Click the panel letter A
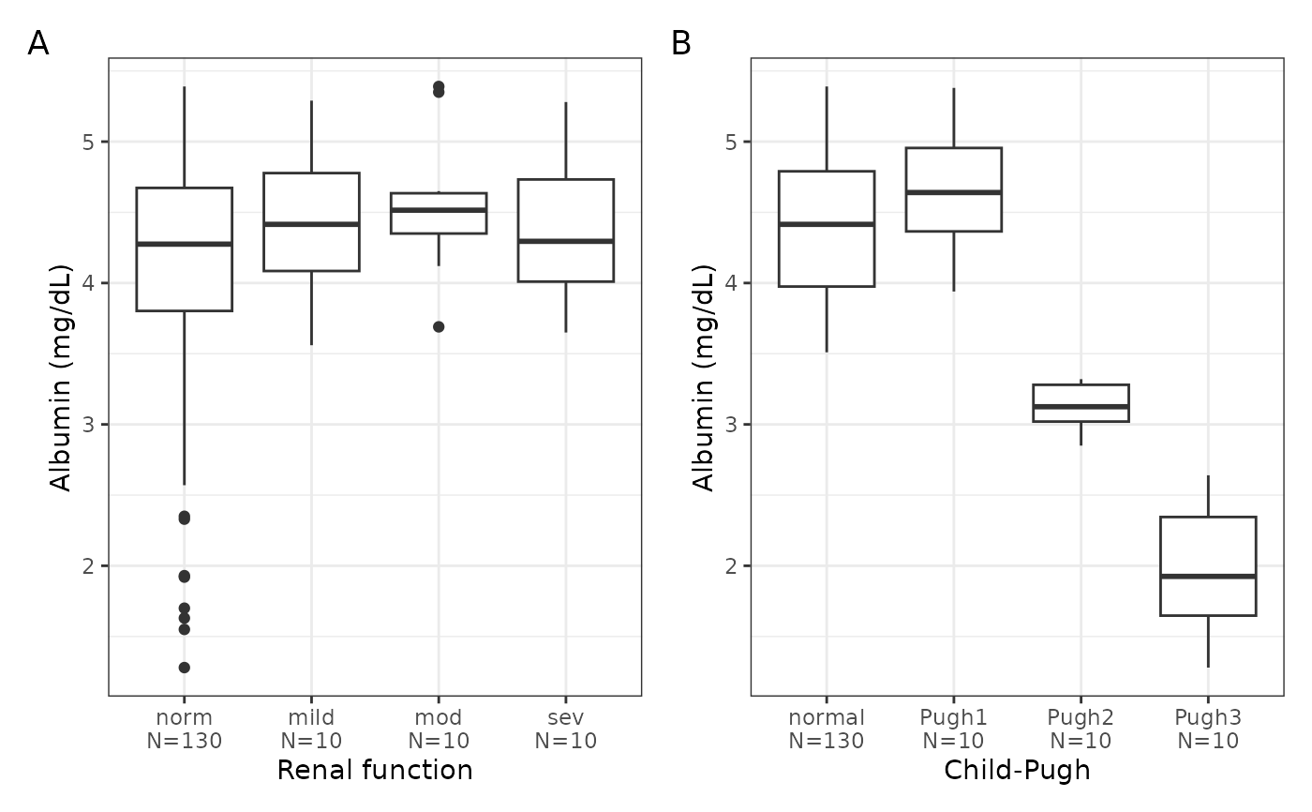point(38,43)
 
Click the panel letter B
point(680,43)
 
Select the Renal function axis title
point(375,770)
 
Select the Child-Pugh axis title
point(1017,771)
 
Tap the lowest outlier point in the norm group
point(184,668)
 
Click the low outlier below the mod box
point(439,327)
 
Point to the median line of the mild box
point(311,224)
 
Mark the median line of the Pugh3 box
point(1208,577)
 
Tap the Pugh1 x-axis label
point(954,717)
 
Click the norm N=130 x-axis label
point(184,729)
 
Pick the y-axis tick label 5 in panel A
point(88,142)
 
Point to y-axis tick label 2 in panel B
point(731,566)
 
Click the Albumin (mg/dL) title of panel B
point(703,377)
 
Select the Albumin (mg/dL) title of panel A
point(60,377)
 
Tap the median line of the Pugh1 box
point(954,192)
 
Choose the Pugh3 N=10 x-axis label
point(1208,729)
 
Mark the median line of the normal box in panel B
point(827,224)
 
